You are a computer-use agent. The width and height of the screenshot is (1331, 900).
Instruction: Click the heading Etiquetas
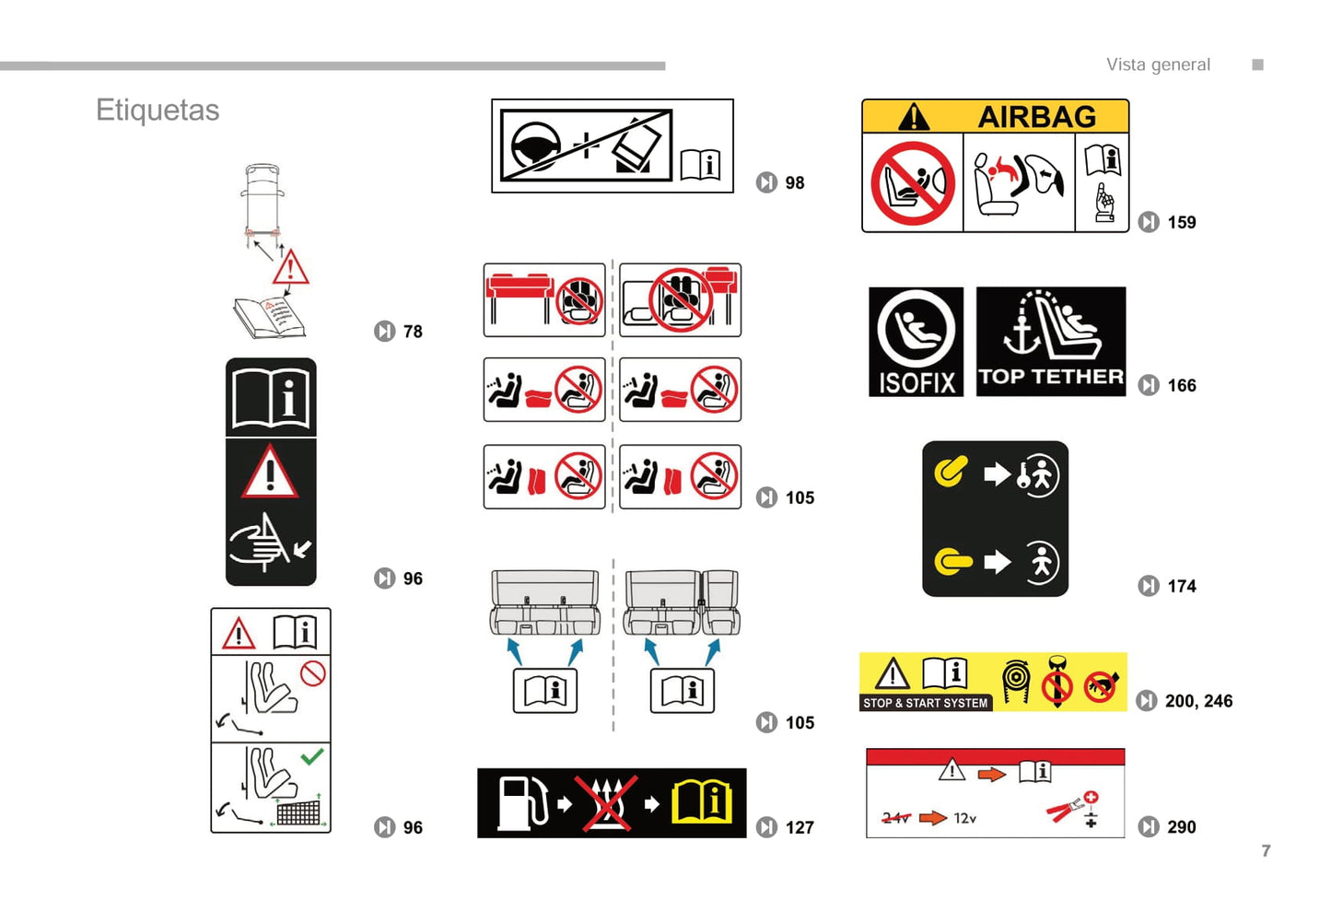point(158,111)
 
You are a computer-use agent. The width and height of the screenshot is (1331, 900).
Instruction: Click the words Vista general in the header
point(1158,64)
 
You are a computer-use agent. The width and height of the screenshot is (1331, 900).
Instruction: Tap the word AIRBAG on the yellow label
point(1037,116)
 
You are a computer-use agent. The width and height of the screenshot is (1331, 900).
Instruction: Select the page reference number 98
point(795,182)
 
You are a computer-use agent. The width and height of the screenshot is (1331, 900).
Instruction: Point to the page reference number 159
point(1182,222)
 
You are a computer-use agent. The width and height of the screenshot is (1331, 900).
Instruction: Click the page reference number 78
point(413,332)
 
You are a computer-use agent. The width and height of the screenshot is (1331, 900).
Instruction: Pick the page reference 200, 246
point(1199,701)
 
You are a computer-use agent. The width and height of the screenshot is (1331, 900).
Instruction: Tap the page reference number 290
point(1182,827)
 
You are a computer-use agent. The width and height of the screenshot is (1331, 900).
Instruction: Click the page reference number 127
point(800,827)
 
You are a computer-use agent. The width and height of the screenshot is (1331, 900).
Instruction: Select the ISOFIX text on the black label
point(917,382)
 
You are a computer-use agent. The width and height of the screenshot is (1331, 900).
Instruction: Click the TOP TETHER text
point(1051,377)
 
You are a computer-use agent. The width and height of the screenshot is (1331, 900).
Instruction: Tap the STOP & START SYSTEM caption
point(925,704)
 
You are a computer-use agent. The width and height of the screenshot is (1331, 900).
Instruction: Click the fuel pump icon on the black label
point(522,803)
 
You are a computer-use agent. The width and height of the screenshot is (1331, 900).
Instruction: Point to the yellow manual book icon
point(702,803)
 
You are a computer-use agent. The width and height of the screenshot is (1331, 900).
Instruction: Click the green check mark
point(312,756)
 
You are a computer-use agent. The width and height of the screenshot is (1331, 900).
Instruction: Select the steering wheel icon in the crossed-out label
point(536,146)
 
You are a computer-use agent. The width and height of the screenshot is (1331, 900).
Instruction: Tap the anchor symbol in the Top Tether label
point(1022,335)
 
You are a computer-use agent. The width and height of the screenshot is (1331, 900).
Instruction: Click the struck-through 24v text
point(896,819)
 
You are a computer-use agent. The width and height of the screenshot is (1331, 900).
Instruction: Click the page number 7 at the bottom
point(1267,851)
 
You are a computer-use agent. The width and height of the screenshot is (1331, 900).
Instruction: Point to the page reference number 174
point(1182,587)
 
